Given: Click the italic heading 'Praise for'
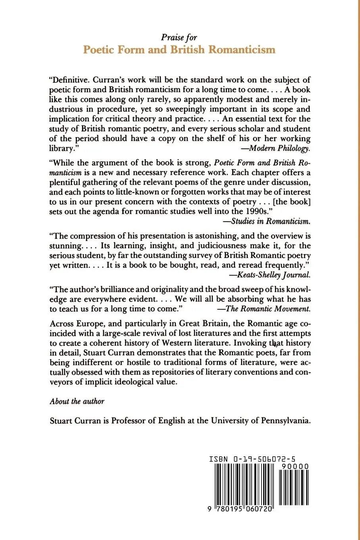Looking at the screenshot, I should [179, 38].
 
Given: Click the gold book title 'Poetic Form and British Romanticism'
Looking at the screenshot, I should [179, 50].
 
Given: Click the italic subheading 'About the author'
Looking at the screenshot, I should [77, 401].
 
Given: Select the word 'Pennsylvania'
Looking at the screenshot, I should [285, 420].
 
